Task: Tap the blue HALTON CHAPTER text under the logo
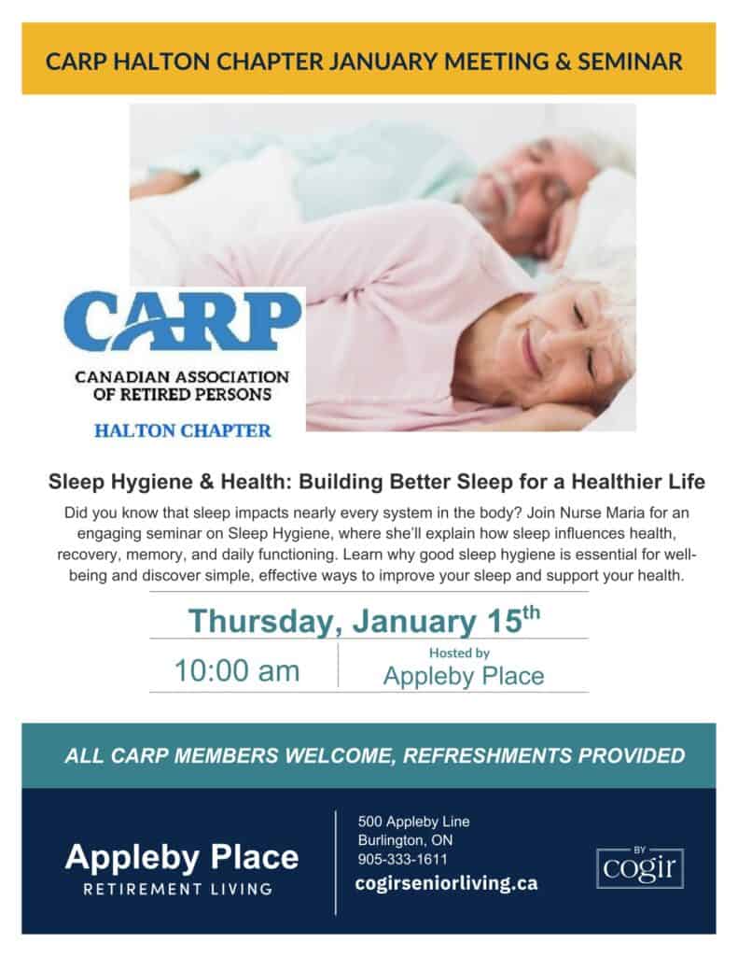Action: click(182, 431)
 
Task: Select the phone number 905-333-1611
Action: click(403, 859)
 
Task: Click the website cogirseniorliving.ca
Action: click(446, 883)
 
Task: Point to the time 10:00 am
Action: click(237, 670)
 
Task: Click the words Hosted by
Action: click(459, 653)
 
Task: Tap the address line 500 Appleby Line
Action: click(414, 822)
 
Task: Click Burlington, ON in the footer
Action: click(405, 840)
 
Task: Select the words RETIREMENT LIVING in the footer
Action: click(178, 889)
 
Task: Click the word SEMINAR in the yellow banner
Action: click(630, 62)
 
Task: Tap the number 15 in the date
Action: click(505, 621)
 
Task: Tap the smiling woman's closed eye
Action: click(579, 316)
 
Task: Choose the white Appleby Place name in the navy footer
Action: click(182, 857)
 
